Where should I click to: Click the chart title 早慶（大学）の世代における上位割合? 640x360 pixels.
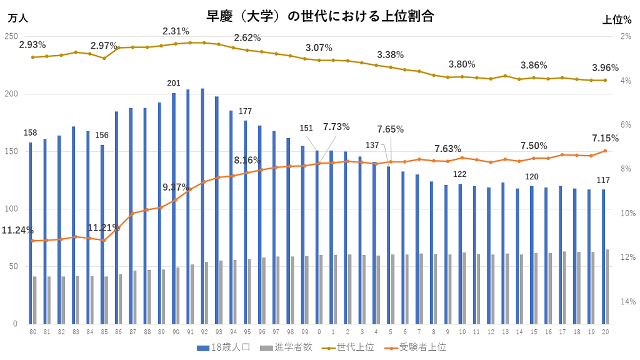tap(320, 16)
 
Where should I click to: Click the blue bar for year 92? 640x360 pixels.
tap(202, 206)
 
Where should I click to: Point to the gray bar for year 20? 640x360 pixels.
tap(607, 287)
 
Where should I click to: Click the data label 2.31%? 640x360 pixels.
tap(176, 31)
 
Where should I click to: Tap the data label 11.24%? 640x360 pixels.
tap(17, 230)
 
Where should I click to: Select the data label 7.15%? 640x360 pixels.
tap(605, 138)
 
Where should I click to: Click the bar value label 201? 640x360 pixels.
tap(174, 83)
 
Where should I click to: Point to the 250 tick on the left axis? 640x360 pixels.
tap(11, 37)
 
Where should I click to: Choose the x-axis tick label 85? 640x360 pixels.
tap(102, 332)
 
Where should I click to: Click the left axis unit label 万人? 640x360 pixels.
tap(17, 19)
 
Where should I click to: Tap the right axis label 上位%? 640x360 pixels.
tap(616, 20)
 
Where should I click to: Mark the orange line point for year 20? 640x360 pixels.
tap(605, 151)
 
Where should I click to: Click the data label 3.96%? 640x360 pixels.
tap(605, 67)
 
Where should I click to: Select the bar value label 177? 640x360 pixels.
tap(246, 111)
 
